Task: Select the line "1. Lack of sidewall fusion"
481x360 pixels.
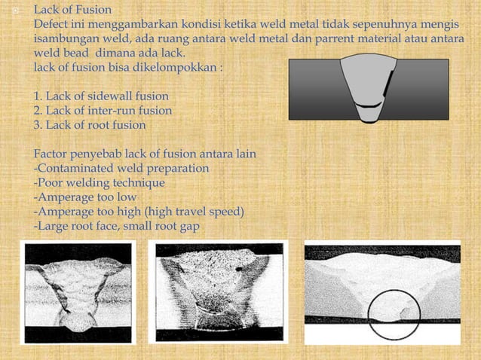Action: pyautogui.click(x=101, y=96)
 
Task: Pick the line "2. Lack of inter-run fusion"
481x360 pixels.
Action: pyautogui.click(x=103, y=110)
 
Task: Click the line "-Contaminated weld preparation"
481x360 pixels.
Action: pyautogui.click(x=121, y=167)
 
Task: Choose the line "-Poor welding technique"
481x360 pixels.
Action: pyautogui.click(x=99, y=182)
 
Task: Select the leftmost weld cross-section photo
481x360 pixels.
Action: pyautogui.click(x=77, y=293)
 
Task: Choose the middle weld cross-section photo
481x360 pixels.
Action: pyautogui.click(x=217, y=291)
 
